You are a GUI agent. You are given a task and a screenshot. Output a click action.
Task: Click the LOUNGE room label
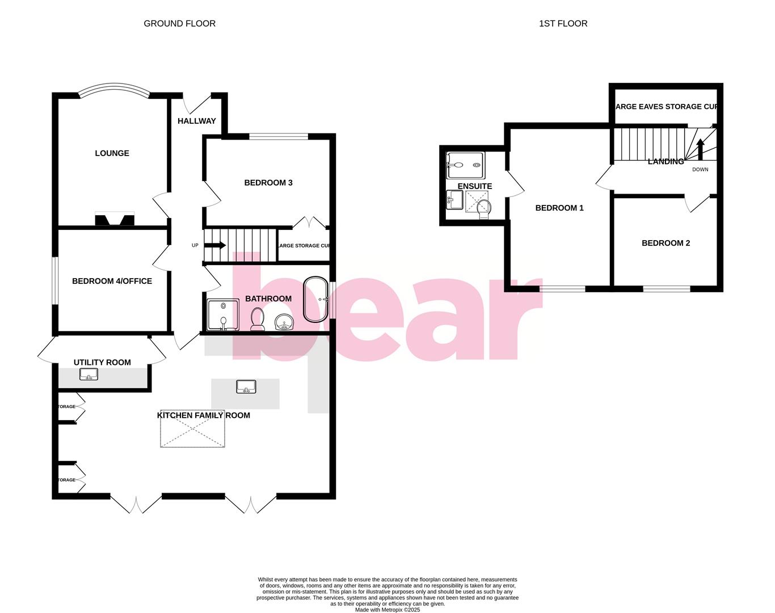[112, 153]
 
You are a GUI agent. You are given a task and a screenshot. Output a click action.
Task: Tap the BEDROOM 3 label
[268, 183]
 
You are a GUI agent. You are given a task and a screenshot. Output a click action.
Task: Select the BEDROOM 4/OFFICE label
[112, 281]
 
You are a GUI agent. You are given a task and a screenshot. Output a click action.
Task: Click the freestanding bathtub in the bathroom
[315, 299]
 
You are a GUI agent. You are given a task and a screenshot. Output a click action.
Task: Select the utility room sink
[89, 375]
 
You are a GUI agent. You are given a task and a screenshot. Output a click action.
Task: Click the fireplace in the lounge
[115, 219]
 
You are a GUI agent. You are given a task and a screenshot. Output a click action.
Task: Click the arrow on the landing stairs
[700, 150]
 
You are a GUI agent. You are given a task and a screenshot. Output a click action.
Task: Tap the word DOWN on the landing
[700, 170]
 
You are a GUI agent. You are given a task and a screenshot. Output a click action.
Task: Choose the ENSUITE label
[475, 186]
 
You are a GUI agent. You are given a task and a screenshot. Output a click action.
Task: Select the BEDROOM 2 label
[666, 243]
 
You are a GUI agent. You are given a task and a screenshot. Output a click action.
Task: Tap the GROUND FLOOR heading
[179, 23]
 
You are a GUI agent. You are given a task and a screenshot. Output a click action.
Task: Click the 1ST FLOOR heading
[563, 23]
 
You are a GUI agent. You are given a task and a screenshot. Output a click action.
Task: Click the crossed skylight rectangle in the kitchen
[193, 429]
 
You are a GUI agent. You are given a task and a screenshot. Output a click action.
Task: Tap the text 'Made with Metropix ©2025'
[387, 610]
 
